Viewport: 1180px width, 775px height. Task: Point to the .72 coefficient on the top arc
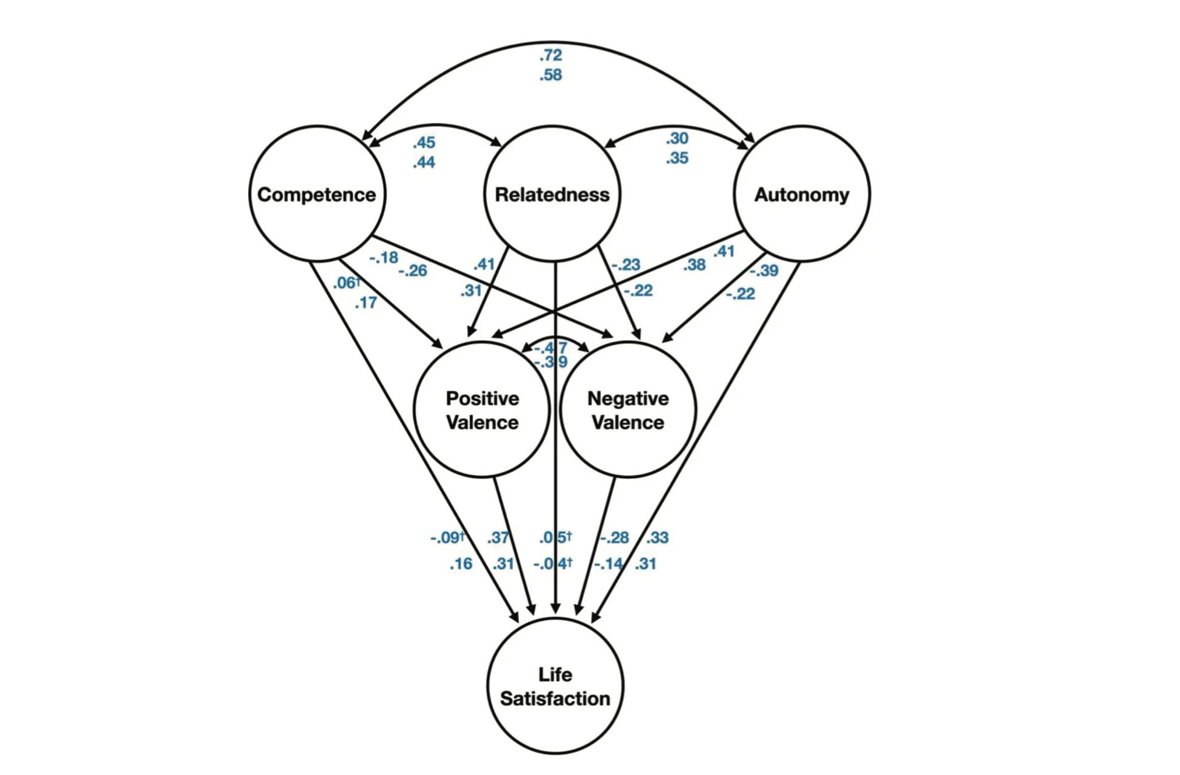click(551, 55)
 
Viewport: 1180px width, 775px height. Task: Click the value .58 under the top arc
click(551, 75)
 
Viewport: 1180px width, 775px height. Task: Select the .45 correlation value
click(424, 143)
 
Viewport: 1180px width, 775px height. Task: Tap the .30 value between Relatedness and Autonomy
click(677, 138)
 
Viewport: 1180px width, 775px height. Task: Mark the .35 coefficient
click(677, 158)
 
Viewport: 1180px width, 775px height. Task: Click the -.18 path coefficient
click(384, 258)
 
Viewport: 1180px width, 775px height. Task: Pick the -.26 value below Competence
click(413, 271)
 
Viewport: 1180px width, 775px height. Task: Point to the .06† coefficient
click(347, 283)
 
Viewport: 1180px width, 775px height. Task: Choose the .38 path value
click(694, 265)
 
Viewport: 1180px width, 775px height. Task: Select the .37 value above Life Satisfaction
click(498, 538)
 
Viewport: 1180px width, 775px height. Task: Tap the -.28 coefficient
click(614, 538)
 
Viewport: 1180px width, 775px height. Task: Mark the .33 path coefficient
click(657, 538)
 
